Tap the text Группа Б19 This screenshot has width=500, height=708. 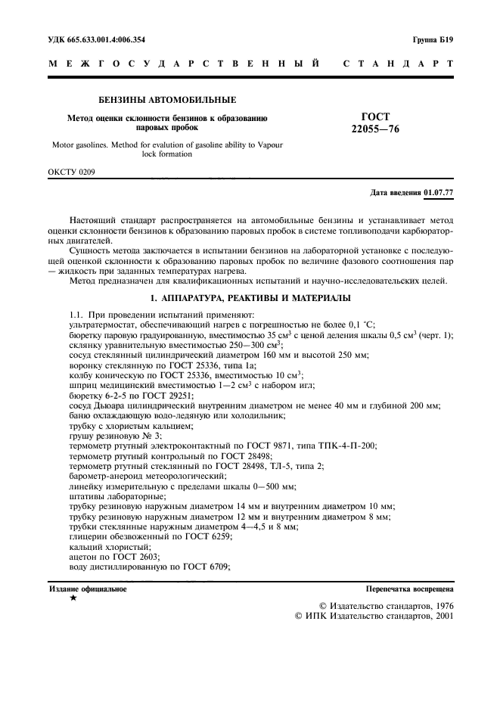433,39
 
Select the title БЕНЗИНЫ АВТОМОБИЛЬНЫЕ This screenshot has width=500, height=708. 168,100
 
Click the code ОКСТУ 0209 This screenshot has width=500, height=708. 72,172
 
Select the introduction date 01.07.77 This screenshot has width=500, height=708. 439,192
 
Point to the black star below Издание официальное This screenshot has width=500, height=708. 73,598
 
